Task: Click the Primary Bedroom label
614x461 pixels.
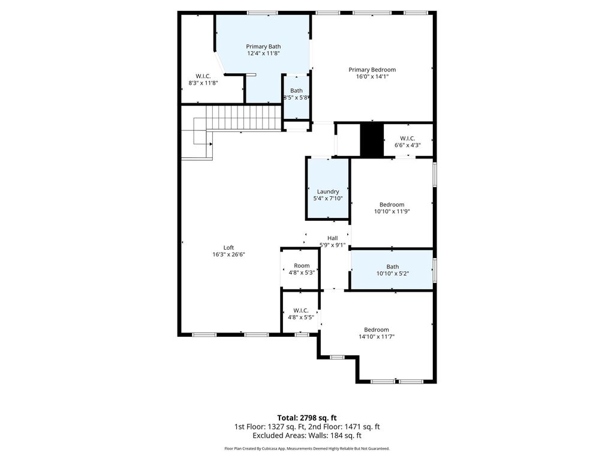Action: coord(372,70)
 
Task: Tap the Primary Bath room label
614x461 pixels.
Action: coord(263,47)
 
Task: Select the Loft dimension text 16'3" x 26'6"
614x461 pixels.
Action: coord(228,255)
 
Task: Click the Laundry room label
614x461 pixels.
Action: coord(328,191)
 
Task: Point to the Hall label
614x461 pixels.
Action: coord(332,238)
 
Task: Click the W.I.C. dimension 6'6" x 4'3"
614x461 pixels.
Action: coord(408,145)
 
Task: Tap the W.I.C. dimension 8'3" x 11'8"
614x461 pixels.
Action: coord(203,83)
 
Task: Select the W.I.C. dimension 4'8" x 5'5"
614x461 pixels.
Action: coord(301,318)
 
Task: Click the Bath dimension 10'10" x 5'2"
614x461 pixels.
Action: coord(393,274)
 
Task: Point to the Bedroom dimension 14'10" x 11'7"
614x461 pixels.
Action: coord(377,336)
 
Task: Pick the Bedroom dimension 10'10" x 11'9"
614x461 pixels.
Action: coord(392,211)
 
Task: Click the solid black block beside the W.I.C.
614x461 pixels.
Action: coord(372,140)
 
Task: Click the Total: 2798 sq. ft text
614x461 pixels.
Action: coord(307,418)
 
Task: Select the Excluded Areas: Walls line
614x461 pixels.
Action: coord(307,436)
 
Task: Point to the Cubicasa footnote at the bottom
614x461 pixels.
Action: coord(307,448)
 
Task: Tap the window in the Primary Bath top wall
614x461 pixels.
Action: coord(263,13)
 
